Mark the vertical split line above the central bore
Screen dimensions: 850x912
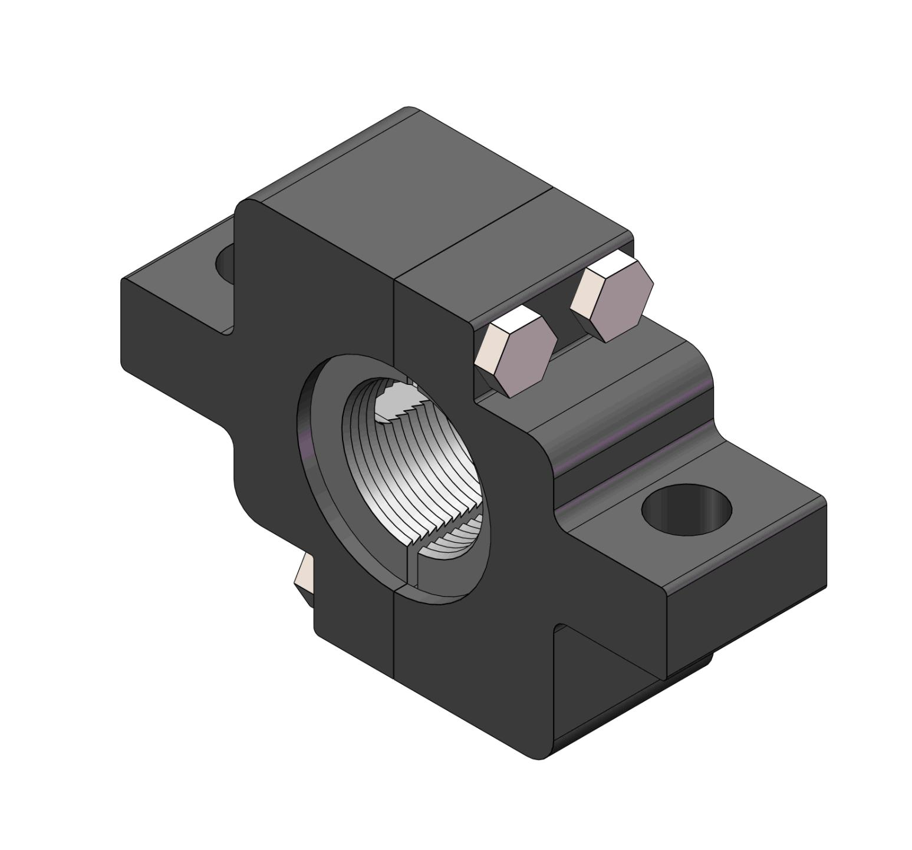(394, 318)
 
